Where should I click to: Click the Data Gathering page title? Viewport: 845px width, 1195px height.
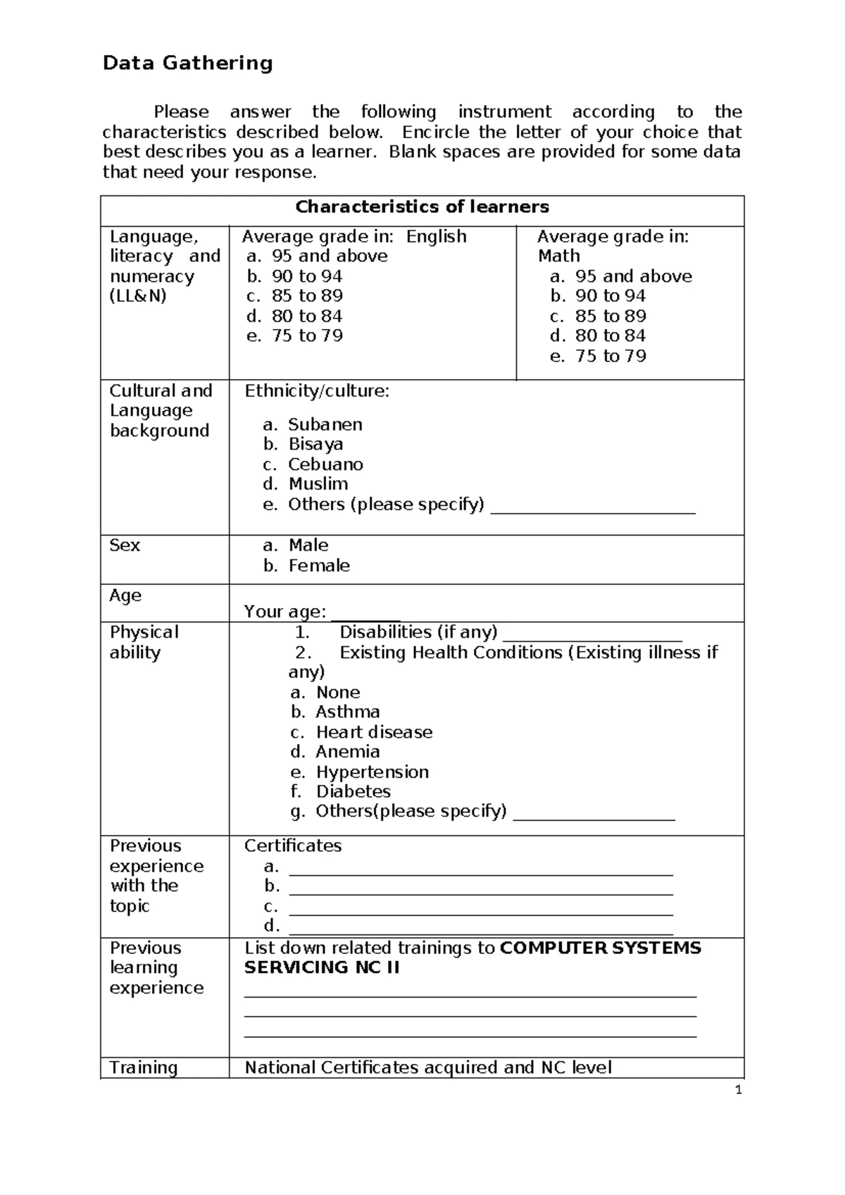tap(187, 63)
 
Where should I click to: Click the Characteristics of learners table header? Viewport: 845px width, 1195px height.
tap(422, 207)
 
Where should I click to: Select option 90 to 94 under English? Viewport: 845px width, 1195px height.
tap(307, 276)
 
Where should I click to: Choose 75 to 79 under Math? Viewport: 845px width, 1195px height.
tap(610, 356)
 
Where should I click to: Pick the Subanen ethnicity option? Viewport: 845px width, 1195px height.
tap(325, 424)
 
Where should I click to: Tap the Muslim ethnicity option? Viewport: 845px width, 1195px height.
tap(318, 484)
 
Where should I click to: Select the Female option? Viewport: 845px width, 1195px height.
tap(318, 566)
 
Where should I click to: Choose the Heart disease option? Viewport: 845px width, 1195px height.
tap(373, 732)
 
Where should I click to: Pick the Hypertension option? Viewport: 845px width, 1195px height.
tap(372, 772)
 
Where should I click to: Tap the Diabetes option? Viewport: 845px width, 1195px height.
tap(353, 792)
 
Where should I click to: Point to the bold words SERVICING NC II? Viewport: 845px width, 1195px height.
tap(322, 967)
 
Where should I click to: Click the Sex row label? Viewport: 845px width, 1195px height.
tap(125, 545)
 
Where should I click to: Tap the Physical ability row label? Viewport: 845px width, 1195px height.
tap(144, 642)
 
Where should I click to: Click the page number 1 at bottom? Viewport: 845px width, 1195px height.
tap(738, 1091)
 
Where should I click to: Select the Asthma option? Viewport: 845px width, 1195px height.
tap(347, 712)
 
